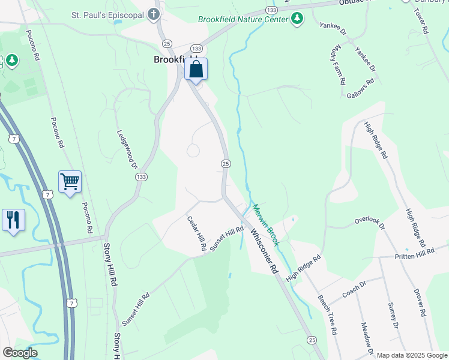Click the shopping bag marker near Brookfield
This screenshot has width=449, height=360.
(196, 70)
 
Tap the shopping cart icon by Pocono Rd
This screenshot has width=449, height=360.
(70, 182)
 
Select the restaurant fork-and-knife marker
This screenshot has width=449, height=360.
(13, 220)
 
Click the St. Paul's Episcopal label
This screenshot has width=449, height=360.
(107, 14)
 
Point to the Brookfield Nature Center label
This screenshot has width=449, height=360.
(243, 19)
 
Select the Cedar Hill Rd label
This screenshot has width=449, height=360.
(196, 234)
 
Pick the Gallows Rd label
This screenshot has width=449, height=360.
(361, 87)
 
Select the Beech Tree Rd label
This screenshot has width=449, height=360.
(328, 314)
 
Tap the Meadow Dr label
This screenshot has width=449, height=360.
(367, 338)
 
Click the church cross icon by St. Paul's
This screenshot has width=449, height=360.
(154, 14)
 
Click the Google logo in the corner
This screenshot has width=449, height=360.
(20, 353)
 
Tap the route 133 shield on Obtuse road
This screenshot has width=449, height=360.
(271, 10)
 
